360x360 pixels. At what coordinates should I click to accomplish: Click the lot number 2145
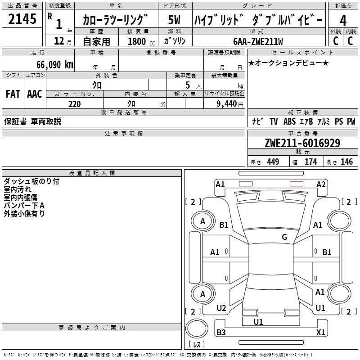22,19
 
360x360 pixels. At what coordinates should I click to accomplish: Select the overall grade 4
343,21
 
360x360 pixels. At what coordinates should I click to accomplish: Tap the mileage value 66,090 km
55,65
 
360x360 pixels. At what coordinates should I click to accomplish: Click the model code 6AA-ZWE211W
258,41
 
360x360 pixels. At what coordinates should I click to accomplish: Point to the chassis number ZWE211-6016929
302,143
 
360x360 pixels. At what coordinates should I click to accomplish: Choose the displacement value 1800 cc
141,41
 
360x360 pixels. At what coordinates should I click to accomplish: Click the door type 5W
174,20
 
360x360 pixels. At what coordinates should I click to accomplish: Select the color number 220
74,104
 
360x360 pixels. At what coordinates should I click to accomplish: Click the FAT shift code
13,94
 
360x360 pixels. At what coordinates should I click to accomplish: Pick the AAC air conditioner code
35,94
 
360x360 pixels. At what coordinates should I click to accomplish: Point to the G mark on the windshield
284,237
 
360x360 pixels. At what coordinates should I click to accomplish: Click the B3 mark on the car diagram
221,332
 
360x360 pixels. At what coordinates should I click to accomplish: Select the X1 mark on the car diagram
320,332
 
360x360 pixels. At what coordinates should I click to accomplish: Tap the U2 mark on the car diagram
221,308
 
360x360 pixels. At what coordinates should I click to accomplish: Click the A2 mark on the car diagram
321,184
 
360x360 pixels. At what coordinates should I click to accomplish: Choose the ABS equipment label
289,121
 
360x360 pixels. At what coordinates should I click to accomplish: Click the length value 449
273,162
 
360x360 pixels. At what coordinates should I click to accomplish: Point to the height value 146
346,162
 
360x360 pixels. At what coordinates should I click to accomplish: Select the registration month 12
59,41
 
